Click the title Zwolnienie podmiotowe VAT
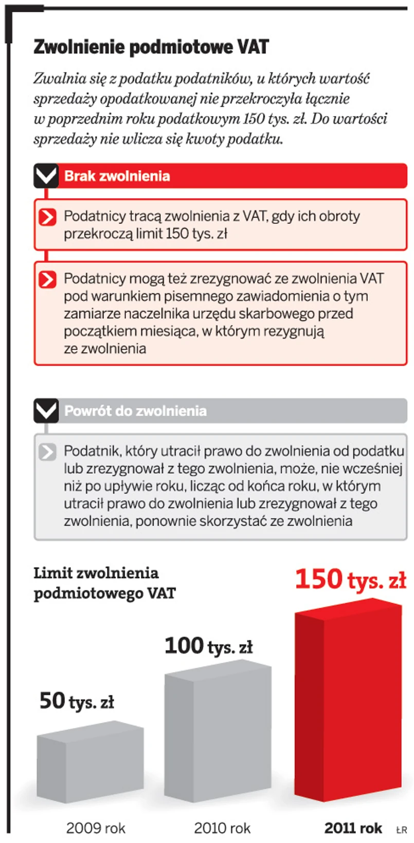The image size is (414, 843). (151, 47)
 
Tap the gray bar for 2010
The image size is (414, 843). (218, 731)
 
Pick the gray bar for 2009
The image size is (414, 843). (90, 762)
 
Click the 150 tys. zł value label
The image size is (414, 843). (350, 580)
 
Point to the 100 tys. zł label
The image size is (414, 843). (208, 646)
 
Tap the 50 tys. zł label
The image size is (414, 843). (77, 701)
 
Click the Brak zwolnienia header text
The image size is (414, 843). (117, 176)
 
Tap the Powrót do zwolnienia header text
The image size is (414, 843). (135, 411)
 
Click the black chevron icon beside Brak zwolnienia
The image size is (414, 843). (46, 176)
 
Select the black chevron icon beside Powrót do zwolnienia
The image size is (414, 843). (46, 411)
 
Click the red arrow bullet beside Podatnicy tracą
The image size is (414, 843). (47, 217)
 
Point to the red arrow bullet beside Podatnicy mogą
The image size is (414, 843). (47, 279)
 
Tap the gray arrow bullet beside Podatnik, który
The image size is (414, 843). (47, 452)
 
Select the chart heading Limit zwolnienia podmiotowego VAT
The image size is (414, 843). (104, 583)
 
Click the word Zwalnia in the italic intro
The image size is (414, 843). (55, 79)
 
